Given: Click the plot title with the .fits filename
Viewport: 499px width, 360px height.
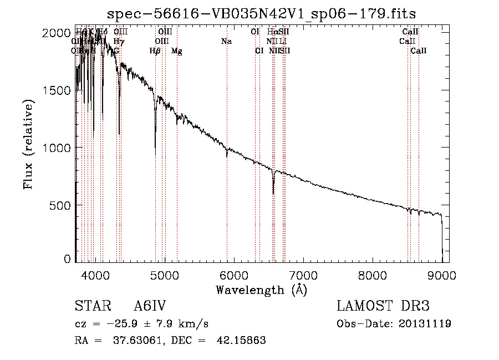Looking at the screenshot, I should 261,13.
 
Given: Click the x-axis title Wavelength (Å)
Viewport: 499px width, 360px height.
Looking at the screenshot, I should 261,290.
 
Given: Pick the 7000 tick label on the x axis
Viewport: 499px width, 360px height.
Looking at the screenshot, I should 303,274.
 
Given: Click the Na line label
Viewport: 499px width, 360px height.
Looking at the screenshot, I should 226,42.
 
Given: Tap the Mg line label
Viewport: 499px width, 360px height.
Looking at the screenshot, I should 176,51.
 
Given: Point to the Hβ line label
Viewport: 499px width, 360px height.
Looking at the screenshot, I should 155,51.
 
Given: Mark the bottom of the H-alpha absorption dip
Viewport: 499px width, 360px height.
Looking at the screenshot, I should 273,193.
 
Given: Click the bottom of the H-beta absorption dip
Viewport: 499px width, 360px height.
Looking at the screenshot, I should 155,132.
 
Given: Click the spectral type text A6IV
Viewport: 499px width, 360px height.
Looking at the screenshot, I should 150,306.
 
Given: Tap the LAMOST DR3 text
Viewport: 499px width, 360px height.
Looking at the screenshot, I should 383,306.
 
